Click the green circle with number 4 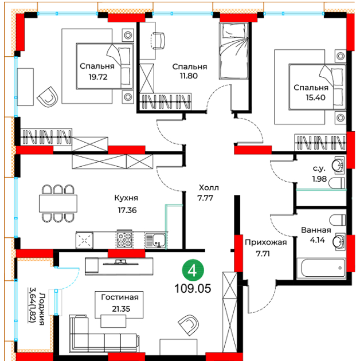coord(193,270)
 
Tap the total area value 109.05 coord(193,288)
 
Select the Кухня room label coord(126,198)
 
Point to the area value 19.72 coord(98,77)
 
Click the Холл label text coord(209,187)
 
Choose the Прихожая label coord(266,242)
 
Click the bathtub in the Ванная coord(323,268)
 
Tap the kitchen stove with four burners coord(124,240)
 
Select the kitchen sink coord(156,240)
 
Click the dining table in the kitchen coord(58,203)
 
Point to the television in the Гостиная coord(119,262)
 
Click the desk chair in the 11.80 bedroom coord(158,41)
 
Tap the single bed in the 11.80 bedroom coord(233,50)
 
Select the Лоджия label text coord(42,309)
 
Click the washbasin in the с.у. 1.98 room coord(338,165)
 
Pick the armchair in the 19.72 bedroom coord(48,97)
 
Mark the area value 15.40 coord(315,97)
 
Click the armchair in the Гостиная coord(189,325)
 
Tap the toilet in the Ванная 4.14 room coord(338,220)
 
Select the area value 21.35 coord(121,309)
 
